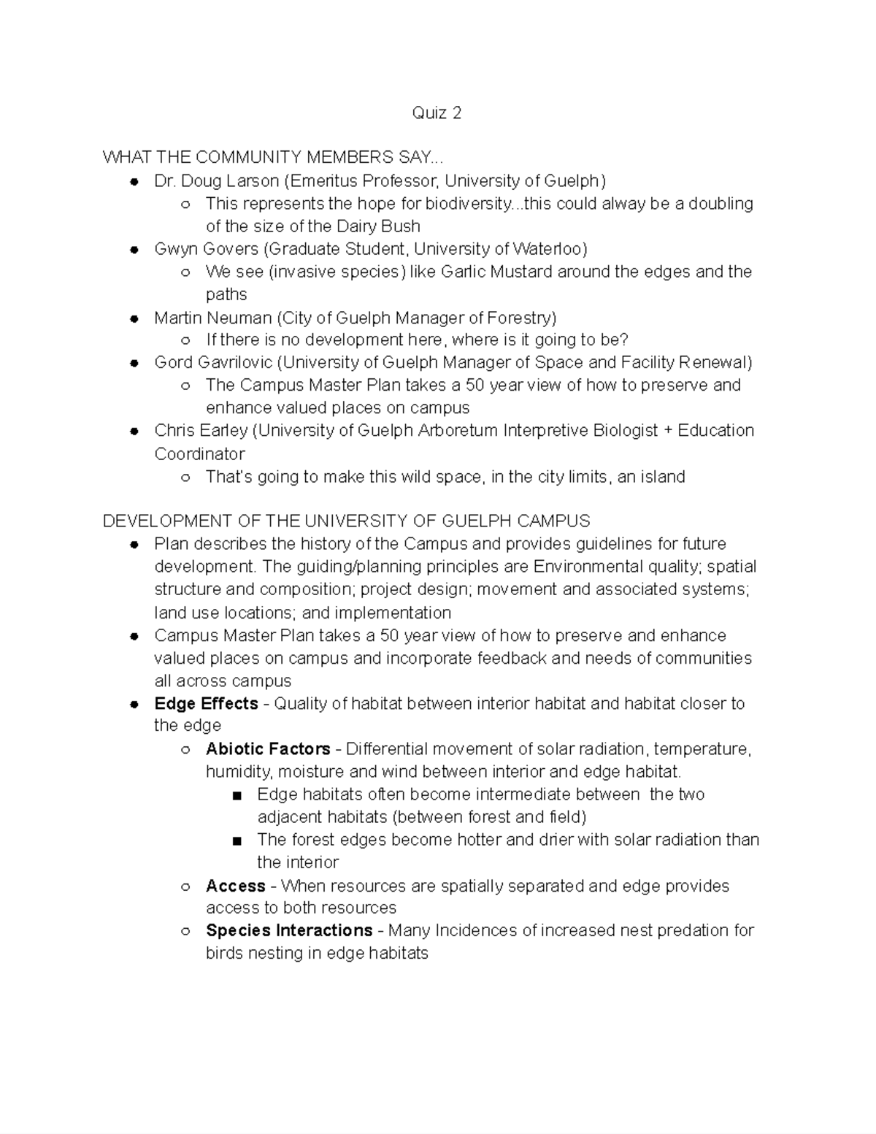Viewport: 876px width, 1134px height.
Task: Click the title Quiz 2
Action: tap(437, 112)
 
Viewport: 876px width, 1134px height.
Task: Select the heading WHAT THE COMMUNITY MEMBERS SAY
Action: tap(272, 157)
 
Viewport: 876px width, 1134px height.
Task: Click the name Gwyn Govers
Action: tap(206, 249)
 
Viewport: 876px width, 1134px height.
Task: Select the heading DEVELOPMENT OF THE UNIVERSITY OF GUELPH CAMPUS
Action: tap(346, 521)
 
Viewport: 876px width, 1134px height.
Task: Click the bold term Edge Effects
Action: tap(206, 703)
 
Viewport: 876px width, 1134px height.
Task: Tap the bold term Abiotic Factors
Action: tap(268, 748)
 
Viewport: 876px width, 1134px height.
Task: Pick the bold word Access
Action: tap(235, 886)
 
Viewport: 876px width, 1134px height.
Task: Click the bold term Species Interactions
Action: tap(289, 930)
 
